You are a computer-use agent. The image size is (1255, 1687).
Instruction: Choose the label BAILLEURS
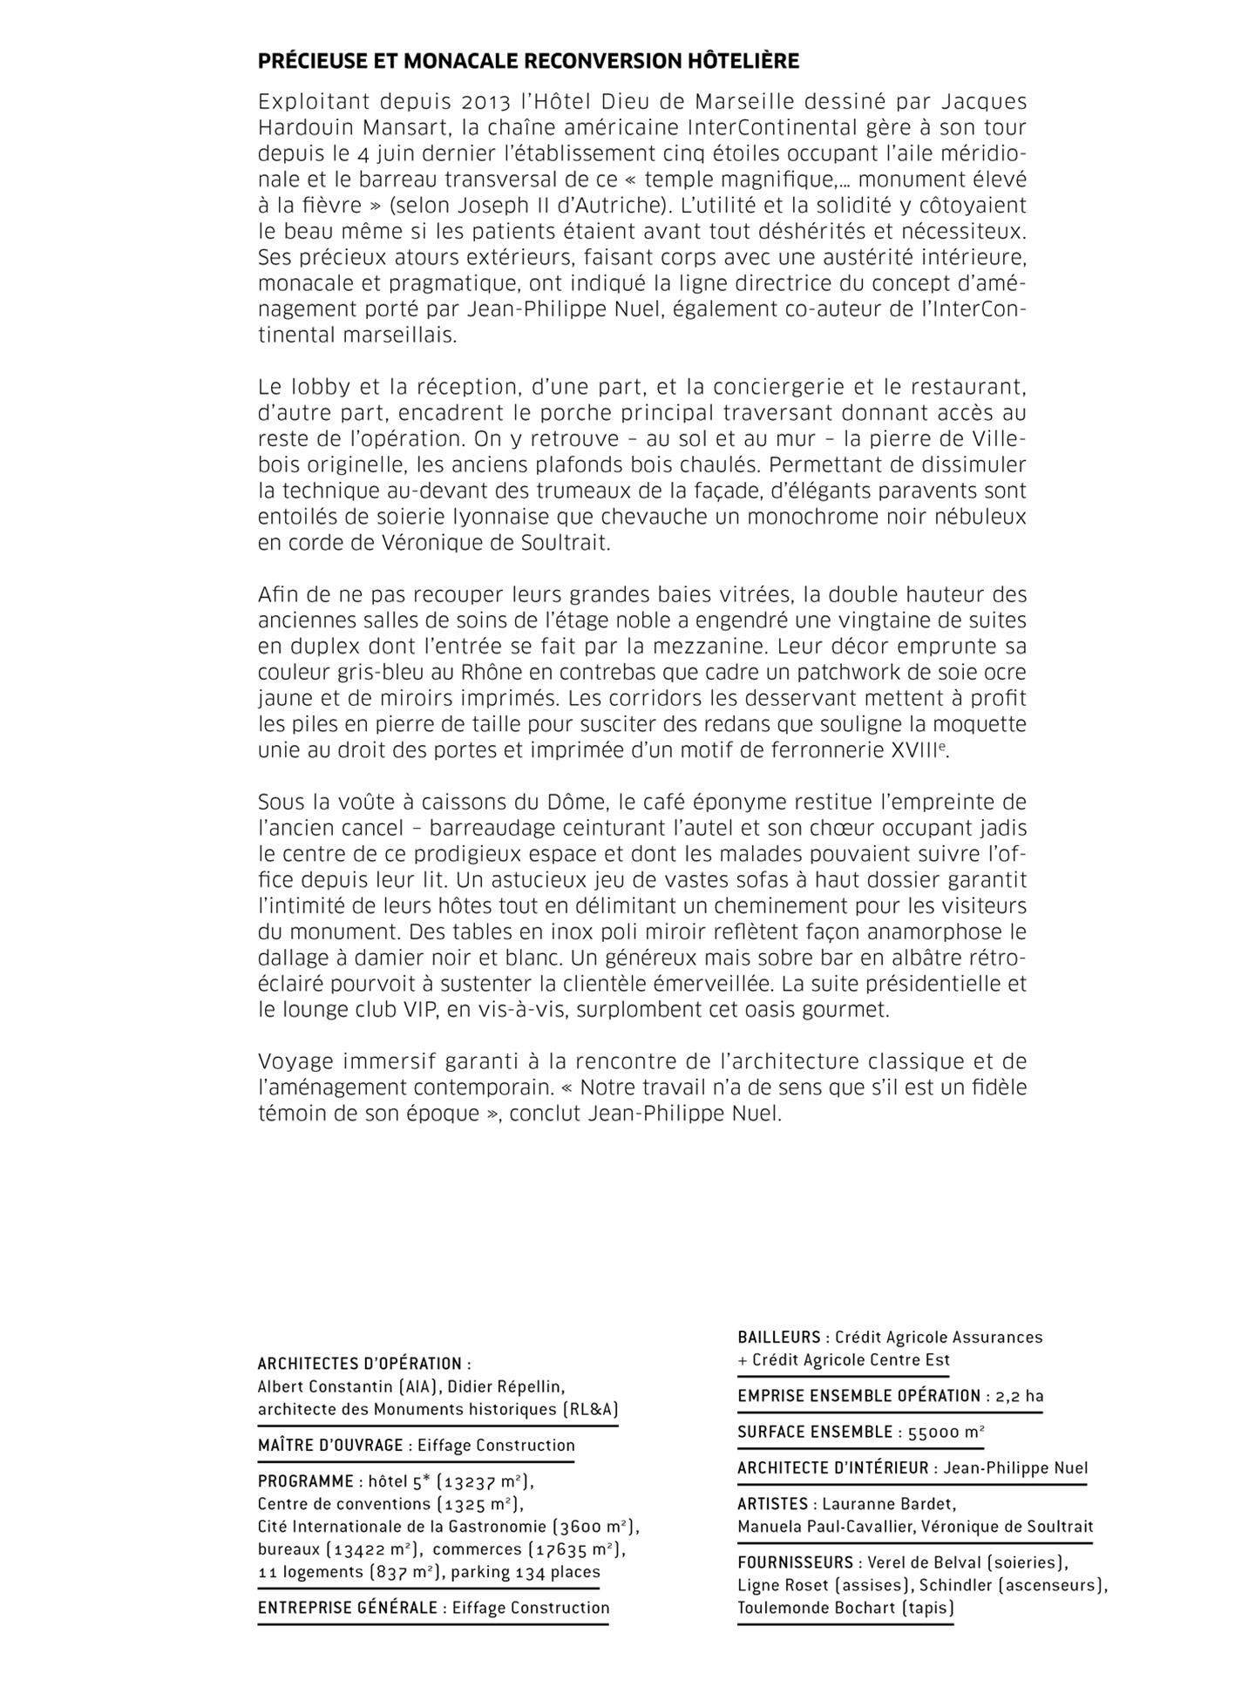tap(779, 1337)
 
